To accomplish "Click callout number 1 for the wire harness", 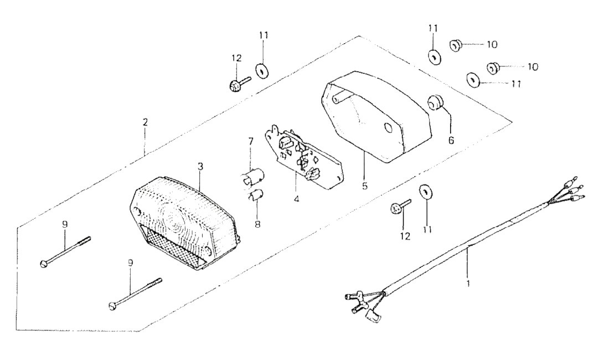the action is point(468,282).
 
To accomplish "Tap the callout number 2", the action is point(145,122).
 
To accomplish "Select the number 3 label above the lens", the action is point(200,167).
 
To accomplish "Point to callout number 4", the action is point(296,199).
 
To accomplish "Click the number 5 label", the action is point(365,186).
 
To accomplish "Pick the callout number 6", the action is point(451,140).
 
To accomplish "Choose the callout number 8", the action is point(257,224).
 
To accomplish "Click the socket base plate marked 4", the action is point(304,157).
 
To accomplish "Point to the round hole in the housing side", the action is point(389,128).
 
